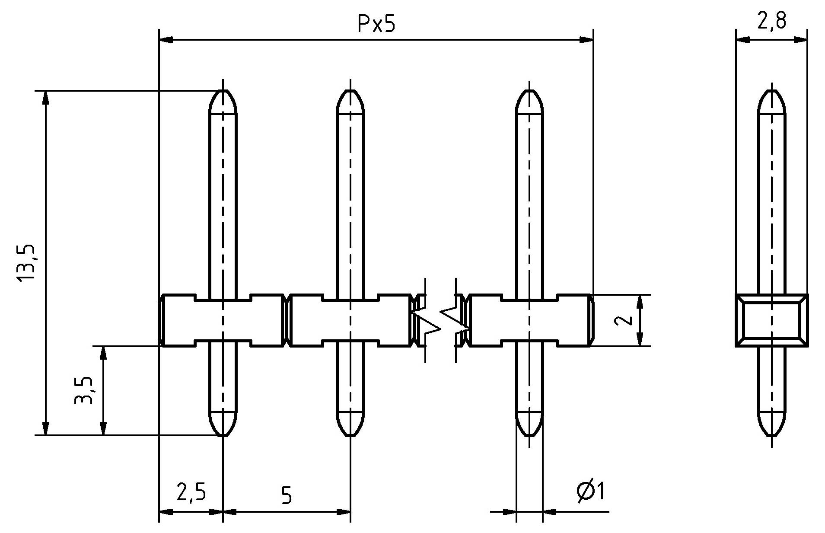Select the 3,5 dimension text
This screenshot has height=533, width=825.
click(83, 390)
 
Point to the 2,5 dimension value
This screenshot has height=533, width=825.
click(191, 492)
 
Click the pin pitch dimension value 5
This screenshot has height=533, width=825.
click(286, 495)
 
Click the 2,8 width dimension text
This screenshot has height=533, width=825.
click(771, 21)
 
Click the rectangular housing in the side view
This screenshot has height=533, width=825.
click(772, 320)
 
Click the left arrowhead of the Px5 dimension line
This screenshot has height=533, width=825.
click(166, 40)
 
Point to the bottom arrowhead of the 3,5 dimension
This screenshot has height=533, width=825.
click(103, 428)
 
